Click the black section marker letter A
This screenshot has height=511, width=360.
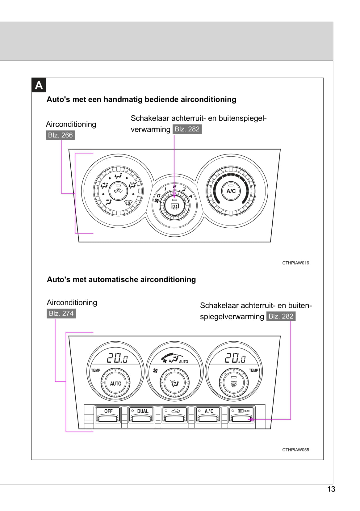coord(39,85)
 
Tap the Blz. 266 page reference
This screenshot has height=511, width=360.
coord(60,135)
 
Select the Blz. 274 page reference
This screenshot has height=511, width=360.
coord(61,314)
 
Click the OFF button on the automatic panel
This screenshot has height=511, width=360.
coord(108,414)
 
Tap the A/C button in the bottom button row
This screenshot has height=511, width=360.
coord(209,414)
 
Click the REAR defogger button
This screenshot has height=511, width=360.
coord(242,414)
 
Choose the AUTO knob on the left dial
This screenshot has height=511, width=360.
coord(115,383)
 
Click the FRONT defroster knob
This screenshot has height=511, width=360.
coord(234,383)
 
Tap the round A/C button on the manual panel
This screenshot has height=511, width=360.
coord(231,191)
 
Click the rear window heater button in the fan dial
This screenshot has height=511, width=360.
coord(175,205)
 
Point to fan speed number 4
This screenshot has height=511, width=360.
coord(191,196)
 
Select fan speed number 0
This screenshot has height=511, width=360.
coord(158,196)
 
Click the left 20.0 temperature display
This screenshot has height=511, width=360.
coord(117,358)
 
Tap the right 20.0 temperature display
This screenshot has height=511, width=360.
coord(235,358)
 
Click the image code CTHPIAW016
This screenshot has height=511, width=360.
coord(295,263)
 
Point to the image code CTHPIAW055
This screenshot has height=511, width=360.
coord(295,450)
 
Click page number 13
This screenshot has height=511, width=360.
coord(331,489)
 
